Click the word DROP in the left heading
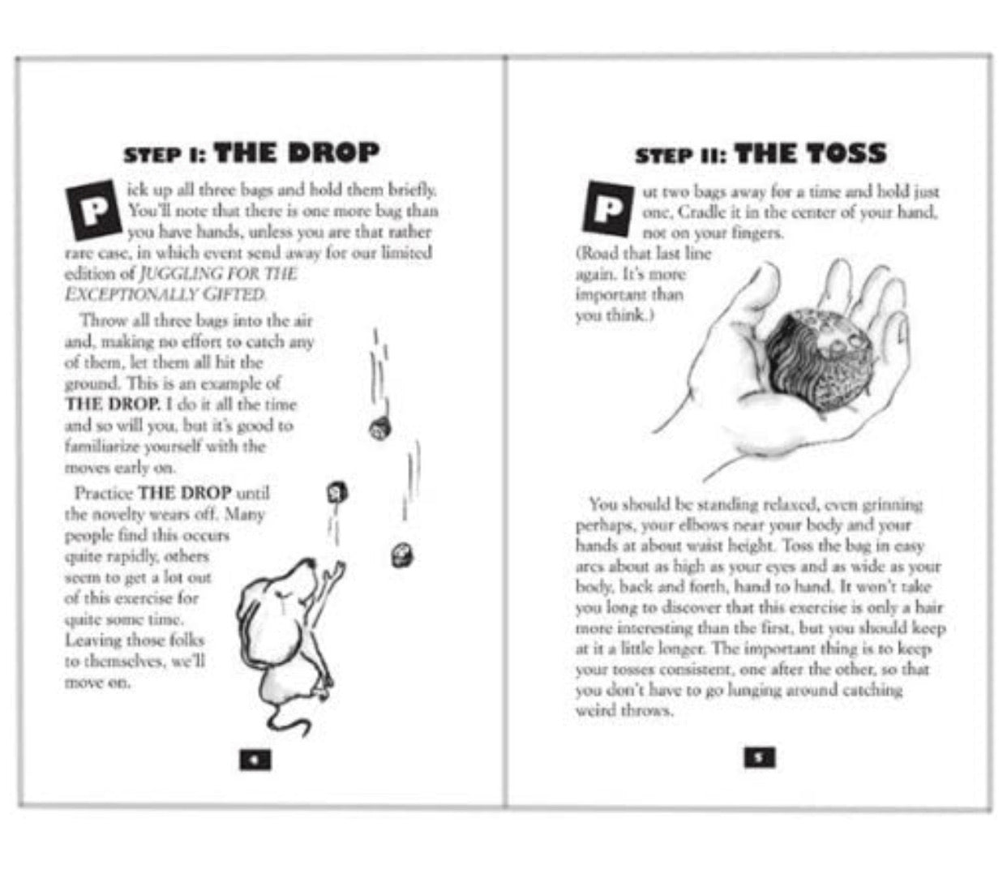[x=333, y=153]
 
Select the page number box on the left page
[x=255, y=760]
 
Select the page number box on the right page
[x=759, y=757]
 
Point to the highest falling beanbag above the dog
[x=379, y=429]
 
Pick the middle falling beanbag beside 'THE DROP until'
[x=337, y=492]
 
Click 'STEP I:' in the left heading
[x=165, y=155]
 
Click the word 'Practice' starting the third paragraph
[x=104, y=494]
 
